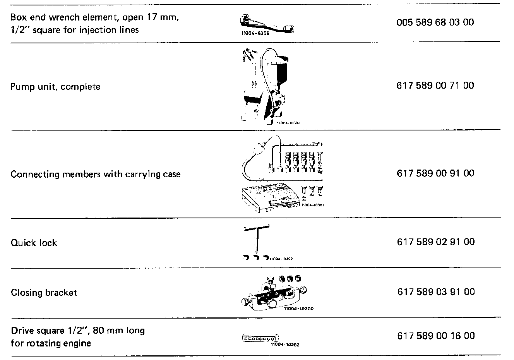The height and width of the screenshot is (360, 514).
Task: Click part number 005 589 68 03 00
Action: [x=435, y=22]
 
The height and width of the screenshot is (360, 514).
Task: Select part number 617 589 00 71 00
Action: [x=435, y=86]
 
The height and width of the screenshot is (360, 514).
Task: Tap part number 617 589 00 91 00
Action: [x=435, y=173]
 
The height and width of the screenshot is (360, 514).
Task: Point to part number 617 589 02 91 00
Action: [x=436, y=242]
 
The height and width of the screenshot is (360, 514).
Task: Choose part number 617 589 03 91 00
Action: [x=436, y=292]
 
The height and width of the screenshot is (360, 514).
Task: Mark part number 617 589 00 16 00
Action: [x=436, y=336]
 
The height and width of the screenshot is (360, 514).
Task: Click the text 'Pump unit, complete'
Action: [x=55, y=86]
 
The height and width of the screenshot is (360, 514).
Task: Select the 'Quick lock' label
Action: [x=34, y=243]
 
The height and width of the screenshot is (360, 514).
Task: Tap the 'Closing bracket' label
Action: [x=44, y=293]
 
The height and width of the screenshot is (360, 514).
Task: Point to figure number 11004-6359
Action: [x=254, y=34]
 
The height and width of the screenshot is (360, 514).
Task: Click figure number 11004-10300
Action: [x=298, y=309]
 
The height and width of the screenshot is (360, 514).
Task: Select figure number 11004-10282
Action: [x=285, y=345]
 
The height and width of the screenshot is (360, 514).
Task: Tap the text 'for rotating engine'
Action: [x=51, y=343]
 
